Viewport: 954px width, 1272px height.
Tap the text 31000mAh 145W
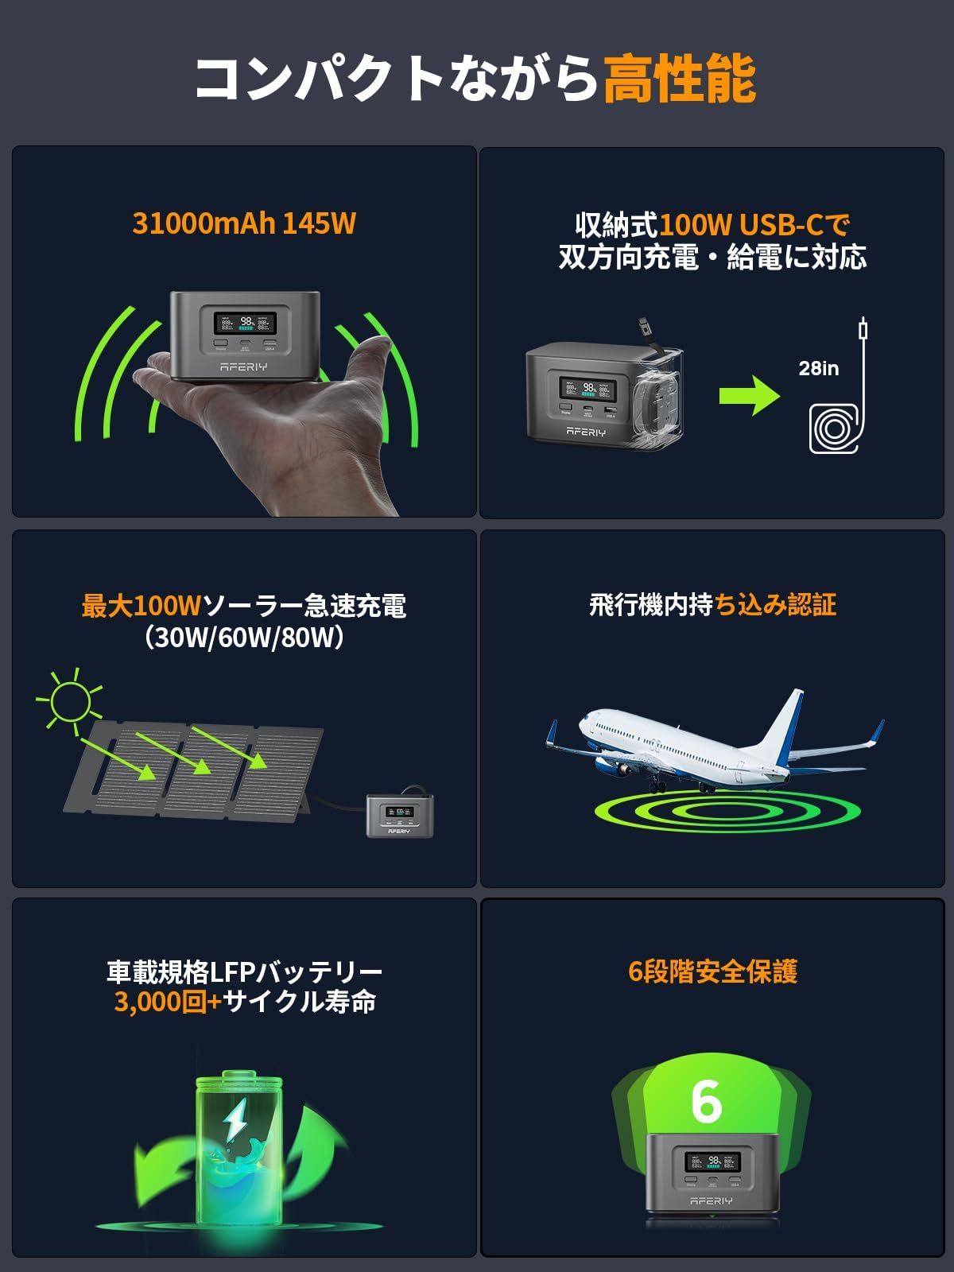243,223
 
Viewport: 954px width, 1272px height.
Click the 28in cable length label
818,368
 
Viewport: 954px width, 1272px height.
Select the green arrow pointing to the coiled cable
748,395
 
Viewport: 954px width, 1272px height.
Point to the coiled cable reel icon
832,429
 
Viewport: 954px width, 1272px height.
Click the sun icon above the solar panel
70,700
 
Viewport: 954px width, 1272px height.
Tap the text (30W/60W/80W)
244,638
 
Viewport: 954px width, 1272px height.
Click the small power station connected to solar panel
400,815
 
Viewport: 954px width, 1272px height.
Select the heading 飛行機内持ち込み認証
712,605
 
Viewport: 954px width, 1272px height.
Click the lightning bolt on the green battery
236,1121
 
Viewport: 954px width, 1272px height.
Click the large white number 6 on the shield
707,1101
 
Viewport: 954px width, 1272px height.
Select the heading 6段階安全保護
712,971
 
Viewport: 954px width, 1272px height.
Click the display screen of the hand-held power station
245,323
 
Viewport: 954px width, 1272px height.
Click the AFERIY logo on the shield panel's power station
711,1200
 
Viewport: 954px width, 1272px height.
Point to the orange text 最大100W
142,607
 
